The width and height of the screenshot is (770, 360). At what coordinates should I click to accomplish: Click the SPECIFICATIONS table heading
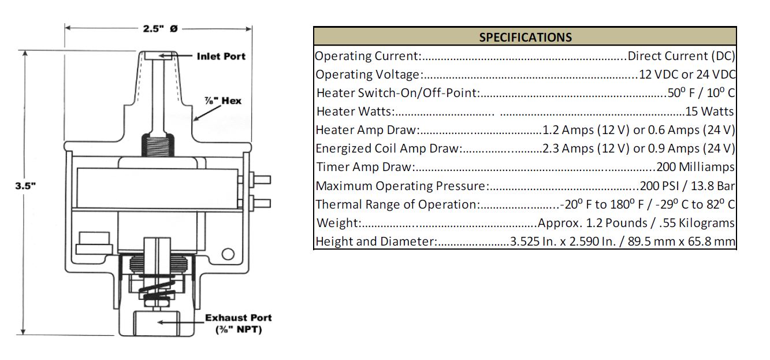pos(525,37)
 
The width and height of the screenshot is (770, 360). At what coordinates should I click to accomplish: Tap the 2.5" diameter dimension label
pos(160,28)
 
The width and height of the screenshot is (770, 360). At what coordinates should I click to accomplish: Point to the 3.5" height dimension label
pos(25,186)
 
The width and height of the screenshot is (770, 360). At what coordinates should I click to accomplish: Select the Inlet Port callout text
pos(221,57)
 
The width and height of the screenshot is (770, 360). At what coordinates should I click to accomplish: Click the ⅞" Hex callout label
pos(223,101)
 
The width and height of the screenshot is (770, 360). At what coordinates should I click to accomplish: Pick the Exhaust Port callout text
pos(239,323)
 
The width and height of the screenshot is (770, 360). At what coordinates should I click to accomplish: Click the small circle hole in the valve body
pos(228,254)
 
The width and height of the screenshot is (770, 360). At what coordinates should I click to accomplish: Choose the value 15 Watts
pos(709,112)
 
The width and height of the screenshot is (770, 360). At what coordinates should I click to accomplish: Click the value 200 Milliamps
pos(695,167)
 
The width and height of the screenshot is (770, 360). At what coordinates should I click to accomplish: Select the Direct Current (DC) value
pos(681,56)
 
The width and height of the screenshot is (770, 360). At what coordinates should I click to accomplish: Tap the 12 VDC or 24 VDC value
pos(687,75)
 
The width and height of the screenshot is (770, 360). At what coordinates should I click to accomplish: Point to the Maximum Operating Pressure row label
pos(402,186)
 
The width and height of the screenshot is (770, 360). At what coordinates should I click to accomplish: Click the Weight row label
pos(339,223)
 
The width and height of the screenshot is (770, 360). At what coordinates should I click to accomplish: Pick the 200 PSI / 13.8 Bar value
pos(687,186)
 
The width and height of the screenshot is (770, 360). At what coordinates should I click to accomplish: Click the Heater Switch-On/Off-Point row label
pos(398,93)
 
